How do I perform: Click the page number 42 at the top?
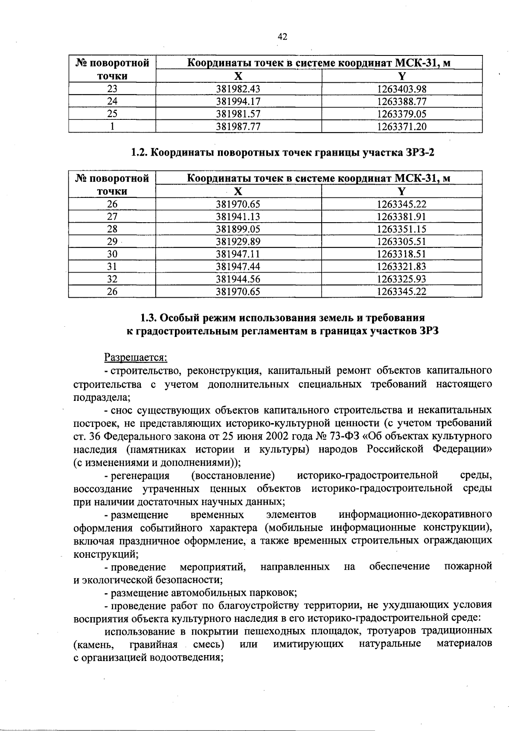(x=282, y=37)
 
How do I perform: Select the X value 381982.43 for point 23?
(x=238, y=89)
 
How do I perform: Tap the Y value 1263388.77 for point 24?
(x=401, y=102)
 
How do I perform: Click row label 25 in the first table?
(x=112, y=114)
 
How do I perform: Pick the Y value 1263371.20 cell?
(x=401, y=127)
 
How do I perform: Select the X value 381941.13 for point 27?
(x=238, y=217)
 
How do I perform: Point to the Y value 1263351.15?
(x=401, y=229)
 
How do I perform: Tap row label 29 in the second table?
(x=112, y=241)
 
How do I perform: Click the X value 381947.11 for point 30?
(x=238, y=254)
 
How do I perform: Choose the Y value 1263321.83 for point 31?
(x=401, y=267)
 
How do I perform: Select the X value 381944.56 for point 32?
(x=238, y=279)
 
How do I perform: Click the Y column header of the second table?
(x=401, y=191)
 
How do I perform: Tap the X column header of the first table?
(x=238, y=76)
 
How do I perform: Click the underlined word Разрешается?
(x=136, y=357)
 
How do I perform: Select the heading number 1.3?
(x=149, y=318)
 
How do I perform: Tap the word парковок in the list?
(x=276, y=593)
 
